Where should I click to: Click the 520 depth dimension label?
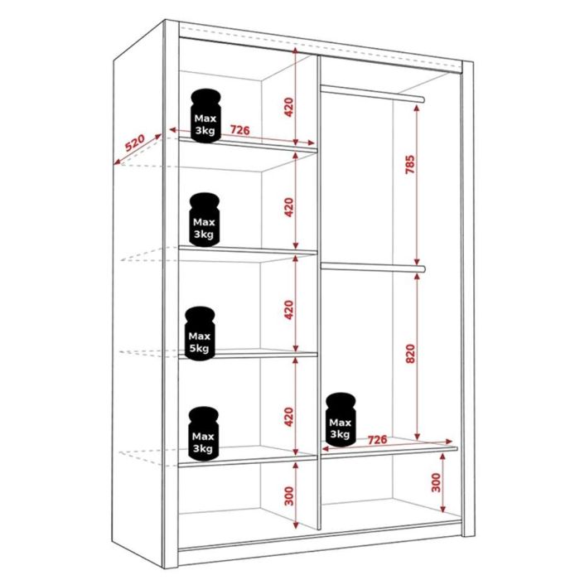click(x=135, y=143)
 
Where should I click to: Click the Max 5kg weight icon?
click(x=200, y=333)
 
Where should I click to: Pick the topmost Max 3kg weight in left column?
click(x=205, y=116)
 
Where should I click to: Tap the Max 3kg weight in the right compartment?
click(x=341, y=420)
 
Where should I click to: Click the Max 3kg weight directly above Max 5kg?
click(x=204, y=219)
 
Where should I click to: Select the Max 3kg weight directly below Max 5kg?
click(x=203, y=433)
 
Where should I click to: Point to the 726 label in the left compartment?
click(x=240, y=130)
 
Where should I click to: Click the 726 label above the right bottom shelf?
click(x=379, y=438)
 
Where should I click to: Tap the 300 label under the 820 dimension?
click(x=436, y=483)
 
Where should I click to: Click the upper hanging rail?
click(x=373, y=92)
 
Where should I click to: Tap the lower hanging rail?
click(x=373, y=266)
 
